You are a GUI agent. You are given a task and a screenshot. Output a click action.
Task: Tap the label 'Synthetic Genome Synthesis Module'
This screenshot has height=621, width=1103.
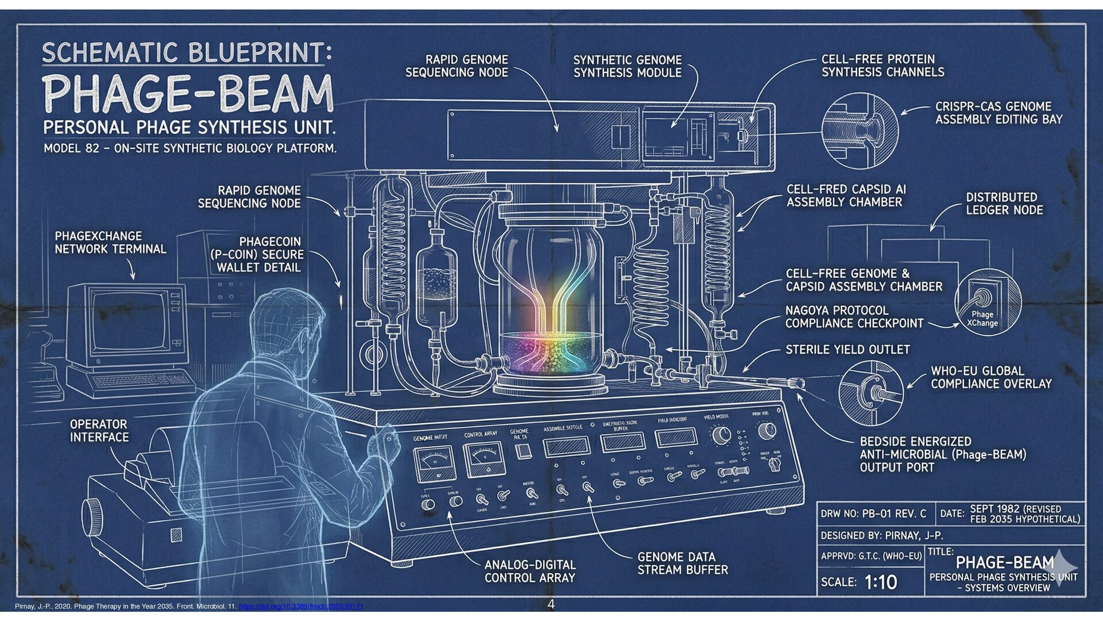point(627,66)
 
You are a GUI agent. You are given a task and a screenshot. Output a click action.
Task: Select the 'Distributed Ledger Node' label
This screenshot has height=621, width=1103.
point(1004,204)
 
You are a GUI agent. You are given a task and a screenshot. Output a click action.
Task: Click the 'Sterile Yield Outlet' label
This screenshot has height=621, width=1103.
point(847,350)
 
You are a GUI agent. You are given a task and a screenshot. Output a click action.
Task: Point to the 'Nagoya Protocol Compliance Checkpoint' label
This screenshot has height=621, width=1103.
point(854,317)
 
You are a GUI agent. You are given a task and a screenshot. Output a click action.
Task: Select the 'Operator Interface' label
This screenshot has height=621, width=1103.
point(99,431)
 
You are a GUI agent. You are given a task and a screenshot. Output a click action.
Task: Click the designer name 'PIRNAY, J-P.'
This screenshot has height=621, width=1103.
point(913,536)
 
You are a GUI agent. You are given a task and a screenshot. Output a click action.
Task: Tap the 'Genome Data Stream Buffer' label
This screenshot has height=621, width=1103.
point(682,563)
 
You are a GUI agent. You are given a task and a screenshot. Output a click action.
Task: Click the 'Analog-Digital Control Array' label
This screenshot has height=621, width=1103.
point(530,571)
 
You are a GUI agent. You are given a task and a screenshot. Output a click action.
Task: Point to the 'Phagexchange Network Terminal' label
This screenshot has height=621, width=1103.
point(110,243)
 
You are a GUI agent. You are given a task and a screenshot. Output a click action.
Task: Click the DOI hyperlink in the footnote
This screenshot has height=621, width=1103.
point(300,607)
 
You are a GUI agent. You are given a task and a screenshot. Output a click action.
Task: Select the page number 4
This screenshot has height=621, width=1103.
point(551,604)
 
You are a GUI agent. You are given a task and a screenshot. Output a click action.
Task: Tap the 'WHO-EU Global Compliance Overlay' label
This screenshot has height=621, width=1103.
point(991,377)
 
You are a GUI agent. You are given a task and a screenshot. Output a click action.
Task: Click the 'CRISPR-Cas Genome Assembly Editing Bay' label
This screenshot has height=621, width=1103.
point(998,113)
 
